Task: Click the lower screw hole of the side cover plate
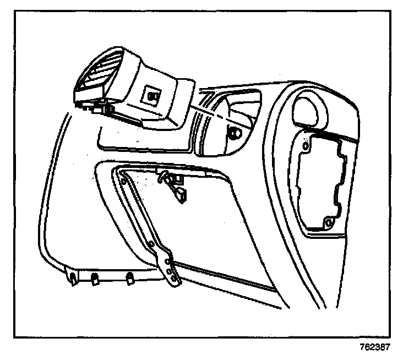pos(329,222)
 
